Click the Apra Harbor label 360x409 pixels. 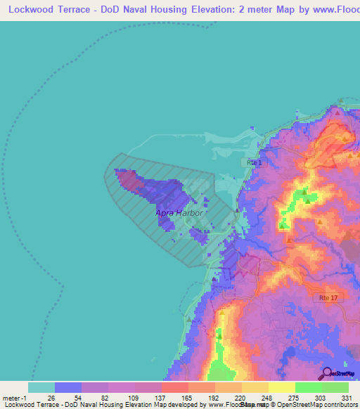(179, 212)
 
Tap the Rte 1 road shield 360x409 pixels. (254, 162)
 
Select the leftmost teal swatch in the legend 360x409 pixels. (41, 387)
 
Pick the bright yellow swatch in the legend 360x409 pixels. (281, 387)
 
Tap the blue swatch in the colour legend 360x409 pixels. (67, 387)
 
